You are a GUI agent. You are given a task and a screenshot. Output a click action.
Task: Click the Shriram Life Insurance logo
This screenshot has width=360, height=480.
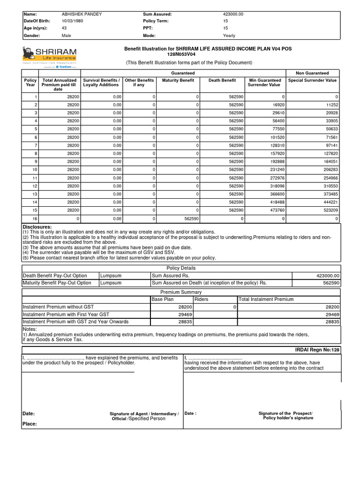click(x=49, y=57)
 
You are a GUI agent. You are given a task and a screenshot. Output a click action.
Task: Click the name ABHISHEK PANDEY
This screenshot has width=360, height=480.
click(x=82, y=14)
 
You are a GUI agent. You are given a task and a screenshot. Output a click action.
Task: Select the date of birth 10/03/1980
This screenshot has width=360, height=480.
click(x=72, y=21)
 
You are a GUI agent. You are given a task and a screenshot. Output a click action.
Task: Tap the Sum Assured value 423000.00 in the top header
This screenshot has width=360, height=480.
click(x=233, y=14)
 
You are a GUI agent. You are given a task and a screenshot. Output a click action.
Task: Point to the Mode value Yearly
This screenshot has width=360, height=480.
click(x=229, y=36)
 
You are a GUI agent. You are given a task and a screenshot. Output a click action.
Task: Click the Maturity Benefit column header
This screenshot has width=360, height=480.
click(x=178, y=81)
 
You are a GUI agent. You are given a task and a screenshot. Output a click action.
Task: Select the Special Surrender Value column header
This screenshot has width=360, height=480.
click(x=312, y=81)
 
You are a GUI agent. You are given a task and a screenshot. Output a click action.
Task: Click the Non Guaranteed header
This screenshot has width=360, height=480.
click(x=312, y=73)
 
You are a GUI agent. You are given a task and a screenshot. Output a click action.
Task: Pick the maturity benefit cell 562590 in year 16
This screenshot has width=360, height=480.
click(x=191, y=219)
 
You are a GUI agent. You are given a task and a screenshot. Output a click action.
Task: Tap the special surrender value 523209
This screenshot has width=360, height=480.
click(x=331, y=210)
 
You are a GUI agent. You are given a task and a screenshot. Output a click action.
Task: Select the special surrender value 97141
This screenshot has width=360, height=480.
click(x=331, y=146)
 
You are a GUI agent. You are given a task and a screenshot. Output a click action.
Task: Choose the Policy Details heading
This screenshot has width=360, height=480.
click(x=181, y=268)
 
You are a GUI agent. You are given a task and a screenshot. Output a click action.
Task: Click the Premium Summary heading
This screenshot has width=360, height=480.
click(x=181, y=292)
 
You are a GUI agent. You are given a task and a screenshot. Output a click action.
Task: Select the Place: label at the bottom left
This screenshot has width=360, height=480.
click(x=30, y=424)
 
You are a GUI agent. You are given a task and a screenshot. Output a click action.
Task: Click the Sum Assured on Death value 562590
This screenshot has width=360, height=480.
click(x=330, y=283)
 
